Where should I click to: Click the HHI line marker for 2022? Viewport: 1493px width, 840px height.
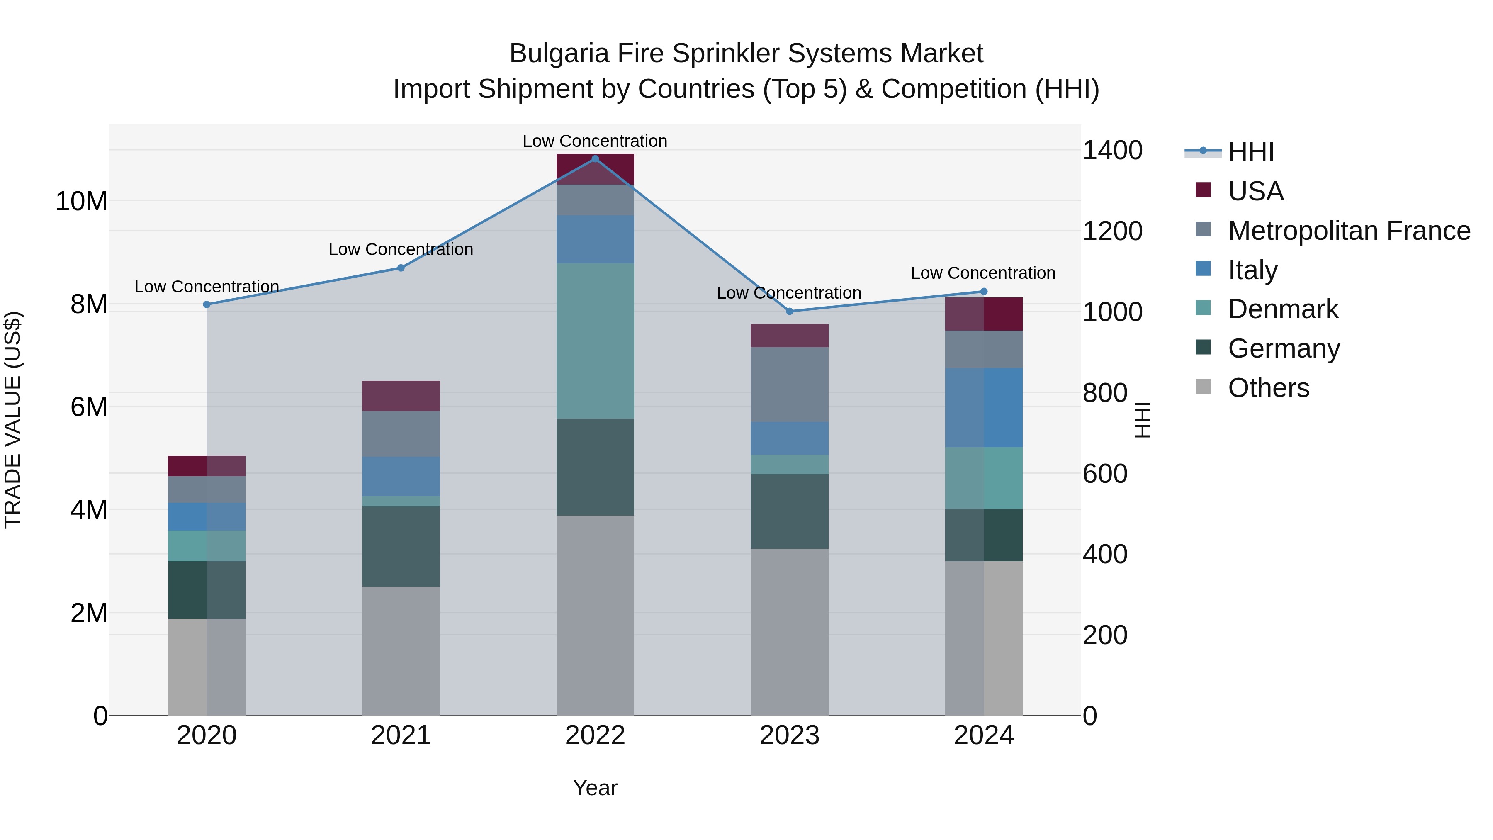tap(595, 159)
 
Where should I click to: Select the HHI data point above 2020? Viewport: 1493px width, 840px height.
tap(207, 304)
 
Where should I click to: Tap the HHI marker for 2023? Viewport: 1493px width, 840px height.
tap(789, 311)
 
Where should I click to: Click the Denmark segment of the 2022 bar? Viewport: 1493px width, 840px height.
tap(595, 341)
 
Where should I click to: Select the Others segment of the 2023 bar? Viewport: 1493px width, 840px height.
tap(789, 632)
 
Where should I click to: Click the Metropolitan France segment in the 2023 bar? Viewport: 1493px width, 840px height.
tap(789, 385)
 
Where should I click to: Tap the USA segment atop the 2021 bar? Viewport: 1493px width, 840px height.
tap(401, 396)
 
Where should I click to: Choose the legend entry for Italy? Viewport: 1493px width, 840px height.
tap(1252, 270)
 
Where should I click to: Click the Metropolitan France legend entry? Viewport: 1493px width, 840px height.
tap(1348, 231)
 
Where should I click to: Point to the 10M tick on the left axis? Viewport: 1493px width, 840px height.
tap(81, 202)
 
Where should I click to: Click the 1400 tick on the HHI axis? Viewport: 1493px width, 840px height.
tap(1112, 151)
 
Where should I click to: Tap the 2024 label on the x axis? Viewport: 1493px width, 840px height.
tap(984, 735)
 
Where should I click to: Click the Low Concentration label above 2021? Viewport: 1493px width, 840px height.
tap(401, 249)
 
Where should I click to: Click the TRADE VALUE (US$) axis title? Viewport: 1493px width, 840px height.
tap(13, 420)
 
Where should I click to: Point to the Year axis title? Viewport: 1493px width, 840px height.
tap(595, 788)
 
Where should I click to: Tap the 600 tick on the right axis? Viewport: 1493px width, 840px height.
tap(1105, 474)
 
